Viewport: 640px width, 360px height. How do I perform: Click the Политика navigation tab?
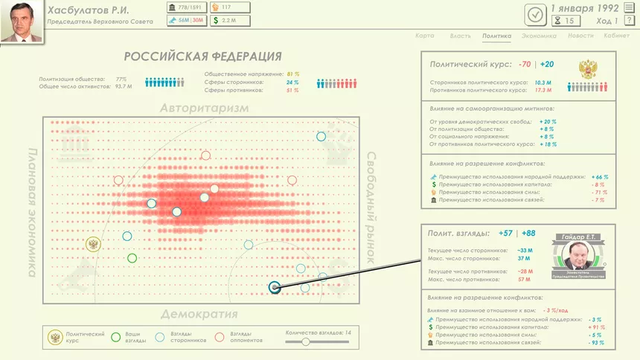pos(496,36)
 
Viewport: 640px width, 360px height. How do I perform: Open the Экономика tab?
pos(538,36)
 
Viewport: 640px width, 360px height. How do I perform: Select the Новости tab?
pos(580,36)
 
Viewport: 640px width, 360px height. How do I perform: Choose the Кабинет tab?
pos(616,36)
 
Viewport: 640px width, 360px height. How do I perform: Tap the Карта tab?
pos(425,36)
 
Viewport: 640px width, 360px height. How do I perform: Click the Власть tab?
pos(461,36)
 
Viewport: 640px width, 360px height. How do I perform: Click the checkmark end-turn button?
pos(534,14)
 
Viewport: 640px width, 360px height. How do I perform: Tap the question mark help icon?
pos(630,20)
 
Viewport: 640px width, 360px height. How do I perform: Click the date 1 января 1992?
pos(585,8)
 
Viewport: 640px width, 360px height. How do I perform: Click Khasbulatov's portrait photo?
pos(21,21)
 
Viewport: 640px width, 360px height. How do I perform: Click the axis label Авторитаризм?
pos(204,109)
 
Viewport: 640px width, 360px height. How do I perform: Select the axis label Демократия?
pos(199,314)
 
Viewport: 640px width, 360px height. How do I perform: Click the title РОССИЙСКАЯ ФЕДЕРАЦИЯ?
pos(202,57)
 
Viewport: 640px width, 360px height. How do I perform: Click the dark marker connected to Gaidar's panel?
pos(275,287)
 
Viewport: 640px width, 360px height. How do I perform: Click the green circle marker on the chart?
pos(132,258)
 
